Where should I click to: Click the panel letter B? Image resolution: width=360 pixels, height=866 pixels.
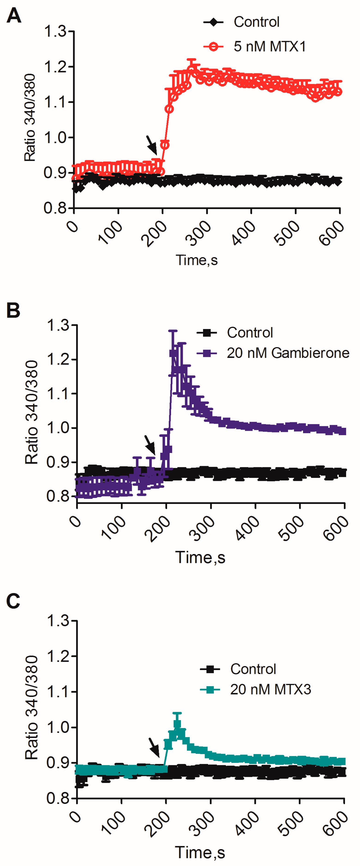(x=13, y=310)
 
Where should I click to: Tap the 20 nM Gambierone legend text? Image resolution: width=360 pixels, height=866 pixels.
(x=288, y=353)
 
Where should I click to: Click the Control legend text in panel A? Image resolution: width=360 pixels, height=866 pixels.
(x=256, y=22)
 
